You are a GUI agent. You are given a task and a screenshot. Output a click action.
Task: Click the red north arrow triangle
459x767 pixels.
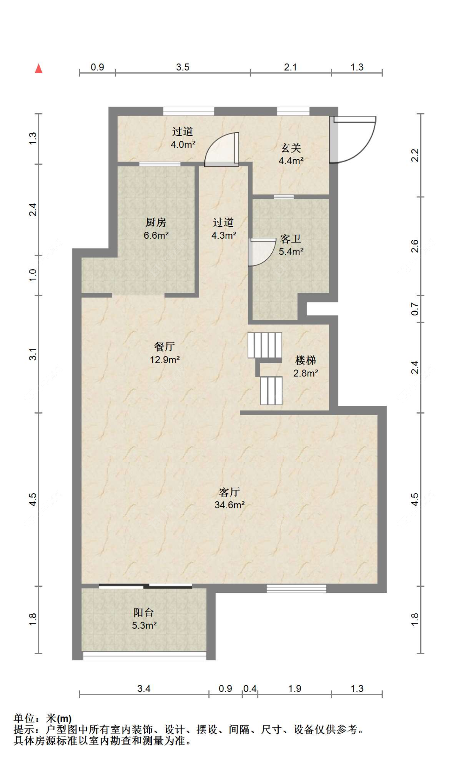(39, 68)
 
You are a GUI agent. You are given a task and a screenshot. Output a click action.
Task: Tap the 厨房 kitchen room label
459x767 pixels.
(156, 222)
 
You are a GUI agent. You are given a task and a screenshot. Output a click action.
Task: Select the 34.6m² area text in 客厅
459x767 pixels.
(230, 505)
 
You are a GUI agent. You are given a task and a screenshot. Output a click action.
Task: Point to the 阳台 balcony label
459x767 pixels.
(144, 612)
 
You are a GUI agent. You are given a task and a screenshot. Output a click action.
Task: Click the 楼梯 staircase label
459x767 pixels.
(306, 360)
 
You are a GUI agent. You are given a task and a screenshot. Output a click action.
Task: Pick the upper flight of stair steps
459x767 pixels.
(265, 345)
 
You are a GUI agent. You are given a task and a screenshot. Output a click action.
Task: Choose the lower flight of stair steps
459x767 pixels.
(271, 391)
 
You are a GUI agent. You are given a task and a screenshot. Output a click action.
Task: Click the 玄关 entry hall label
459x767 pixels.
(291, 148)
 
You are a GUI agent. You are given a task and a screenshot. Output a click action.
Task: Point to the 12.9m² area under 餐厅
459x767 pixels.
(165, 360)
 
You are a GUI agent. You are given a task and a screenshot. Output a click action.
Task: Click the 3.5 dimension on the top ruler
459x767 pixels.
(183, 67)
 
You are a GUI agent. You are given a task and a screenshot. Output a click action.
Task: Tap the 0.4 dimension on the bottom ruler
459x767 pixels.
(250, 689)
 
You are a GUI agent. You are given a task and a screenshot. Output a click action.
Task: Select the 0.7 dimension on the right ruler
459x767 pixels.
(415, 309)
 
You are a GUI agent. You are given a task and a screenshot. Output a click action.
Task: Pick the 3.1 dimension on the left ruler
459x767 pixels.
(33, 354)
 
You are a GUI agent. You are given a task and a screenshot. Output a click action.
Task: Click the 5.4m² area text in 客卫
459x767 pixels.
(291, 252)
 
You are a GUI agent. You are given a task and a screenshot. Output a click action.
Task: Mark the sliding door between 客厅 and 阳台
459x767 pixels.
(146, 586)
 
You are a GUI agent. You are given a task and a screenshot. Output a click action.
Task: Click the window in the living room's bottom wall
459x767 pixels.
(297, 588)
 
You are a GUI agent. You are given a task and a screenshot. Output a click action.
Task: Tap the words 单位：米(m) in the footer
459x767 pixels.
(43, 718)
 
